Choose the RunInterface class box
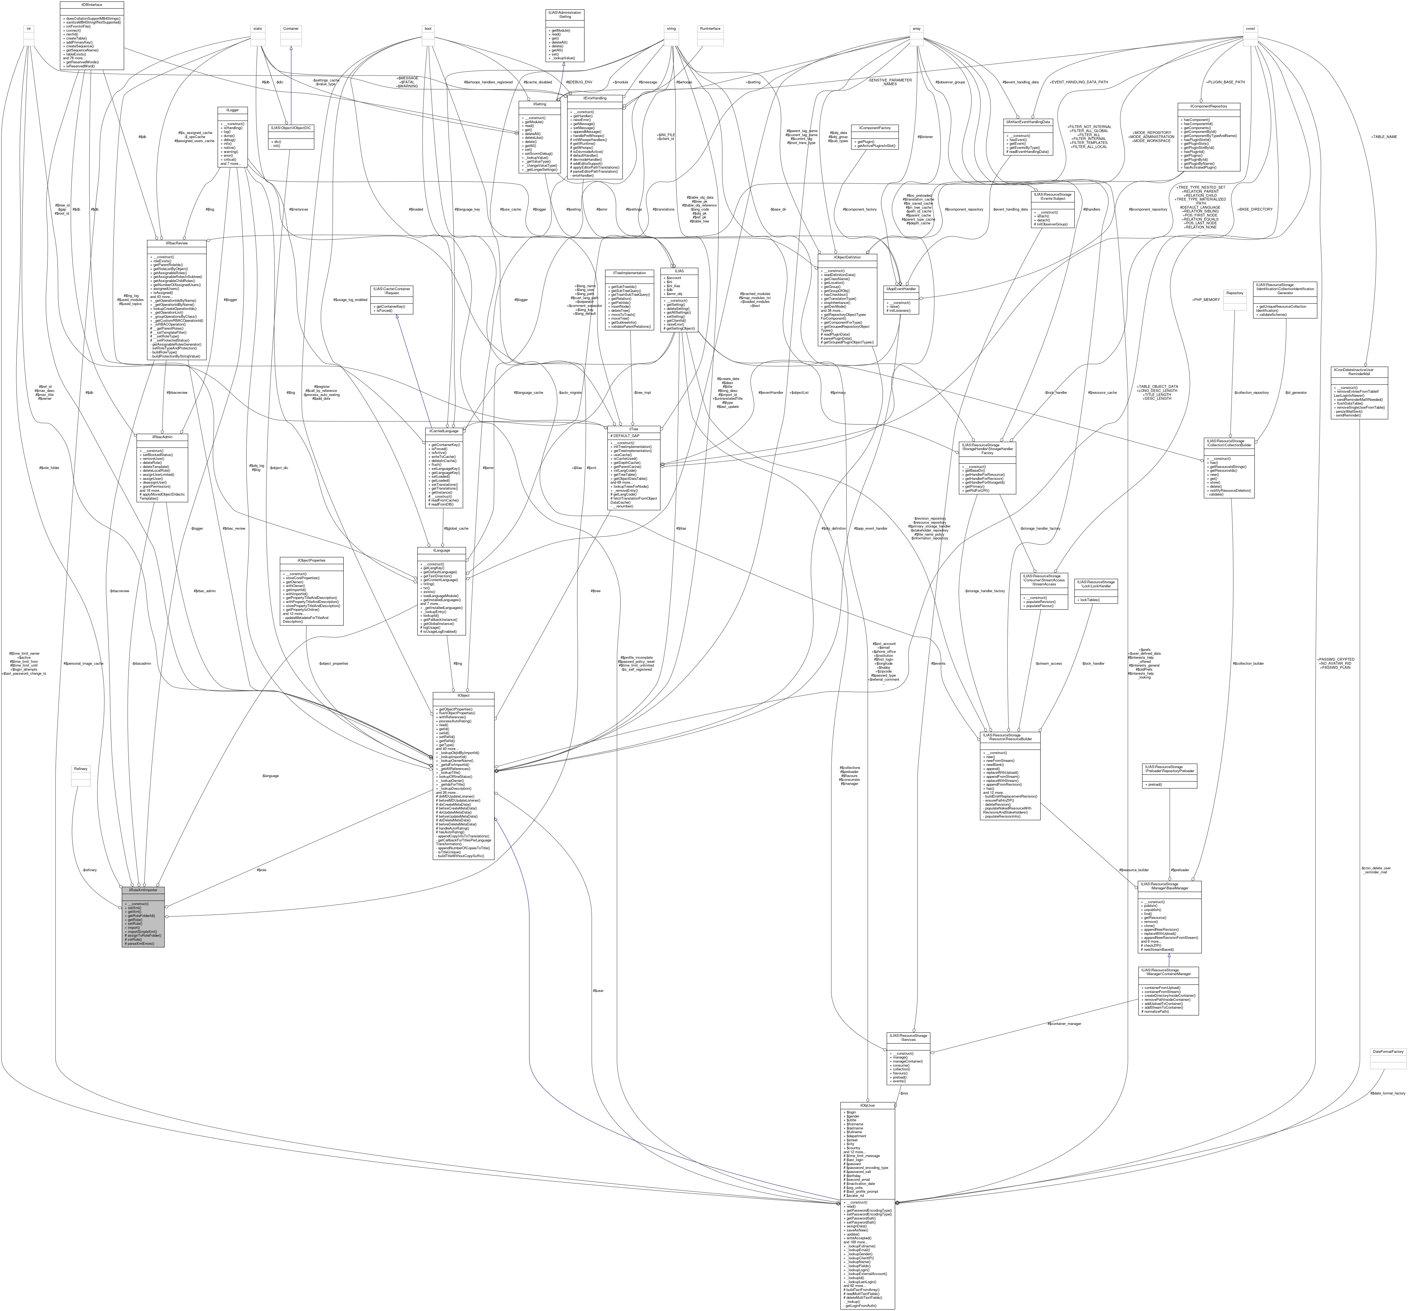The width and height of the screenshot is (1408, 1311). pyautogui.click(x=710, y=35)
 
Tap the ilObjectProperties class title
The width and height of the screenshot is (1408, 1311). pyautogui.click(x=312, y=559)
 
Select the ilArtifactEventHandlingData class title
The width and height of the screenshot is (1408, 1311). pyautogui.click(x=1027, y=122)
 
